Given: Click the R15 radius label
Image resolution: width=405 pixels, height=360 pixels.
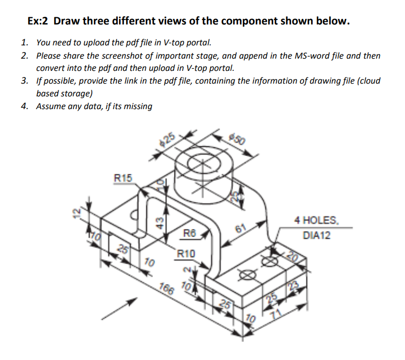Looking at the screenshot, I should tap(122, 178).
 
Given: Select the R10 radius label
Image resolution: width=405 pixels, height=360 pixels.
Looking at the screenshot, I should tap(186, 253).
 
